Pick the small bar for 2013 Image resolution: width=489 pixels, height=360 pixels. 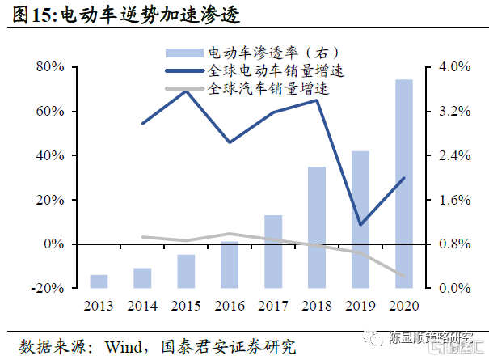[99, 281]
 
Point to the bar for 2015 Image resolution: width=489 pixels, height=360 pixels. [186, 271]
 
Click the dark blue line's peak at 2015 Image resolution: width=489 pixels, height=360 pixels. [186, 91]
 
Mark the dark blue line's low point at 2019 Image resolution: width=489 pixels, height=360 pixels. [360, 225]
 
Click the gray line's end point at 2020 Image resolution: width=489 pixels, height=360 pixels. [404, 276]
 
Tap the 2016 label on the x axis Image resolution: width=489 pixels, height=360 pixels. [230, 305]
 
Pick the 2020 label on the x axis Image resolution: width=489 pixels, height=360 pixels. [404, 305]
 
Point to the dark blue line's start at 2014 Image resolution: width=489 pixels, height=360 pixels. [142, 123]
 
